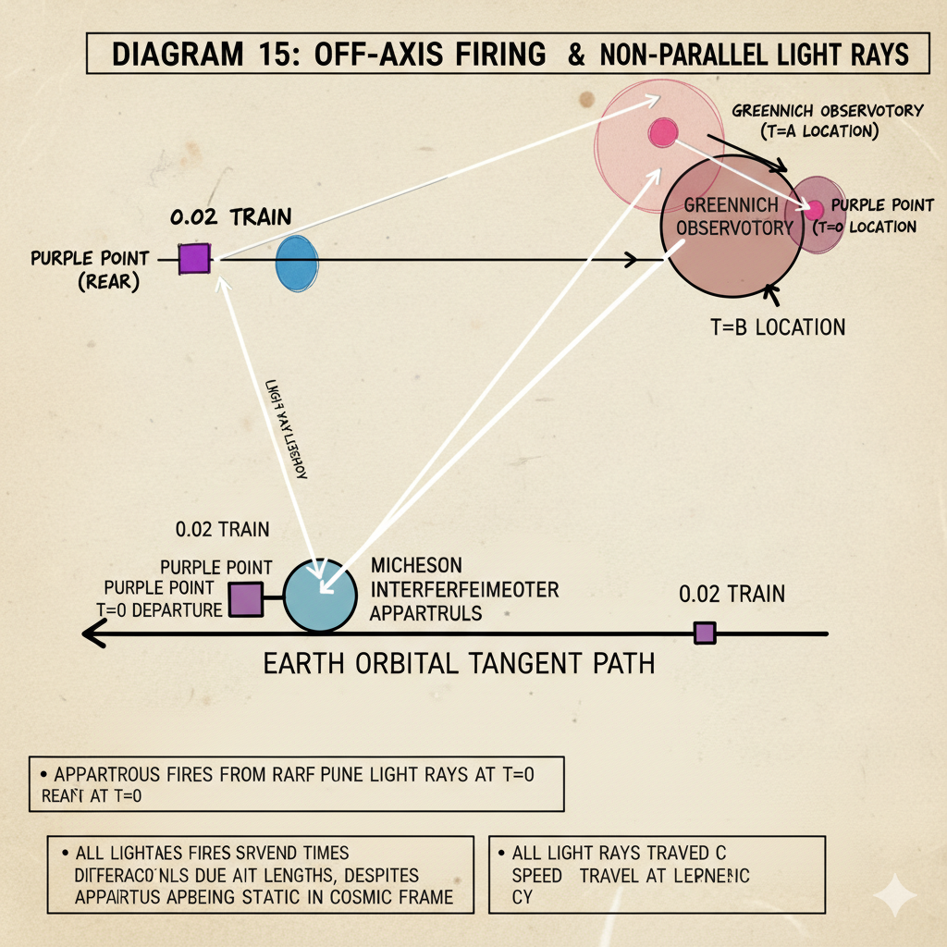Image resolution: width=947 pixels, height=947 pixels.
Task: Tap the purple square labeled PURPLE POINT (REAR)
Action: (x=195, y=258)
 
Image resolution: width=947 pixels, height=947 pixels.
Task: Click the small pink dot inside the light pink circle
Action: (x=662, y=133)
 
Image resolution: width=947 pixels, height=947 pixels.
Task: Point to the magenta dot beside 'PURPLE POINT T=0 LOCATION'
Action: (x=814, y=211)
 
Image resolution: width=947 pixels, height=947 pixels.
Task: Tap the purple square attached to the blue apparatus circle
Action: (x=246, y=600)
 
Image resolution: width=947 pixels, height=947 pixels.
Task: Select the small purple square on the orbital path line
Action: (x=705, y=633)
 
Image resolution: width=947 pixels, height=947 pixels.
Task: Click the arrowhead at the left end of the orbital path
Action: (x=89, y=634)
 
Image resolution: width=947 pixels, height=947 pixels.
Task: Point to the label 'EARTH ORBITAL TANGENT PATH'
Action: (x=460, y=663)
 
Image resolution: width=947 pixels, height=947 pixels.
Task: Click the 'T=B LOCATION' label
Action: (x=774, y=327)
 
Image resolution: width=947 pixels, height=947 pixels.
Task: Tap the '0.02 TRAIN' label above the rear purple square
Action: (x=231, y=218)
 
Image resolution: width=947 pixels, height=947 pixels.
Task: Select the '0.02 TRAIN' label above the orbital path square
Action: (x=732, y=594)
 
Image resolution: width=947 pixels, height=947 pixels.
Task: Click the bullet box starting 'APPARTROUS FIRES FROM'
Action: (x=295, y=784)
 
